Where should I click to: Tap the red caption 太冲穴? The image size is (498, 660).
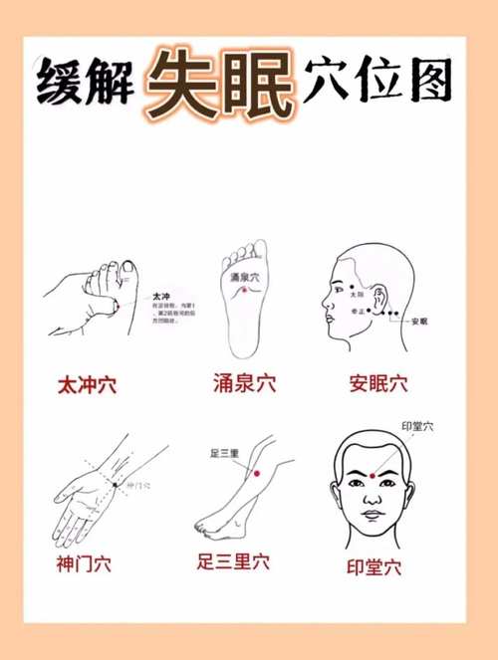click(x=87, y=385)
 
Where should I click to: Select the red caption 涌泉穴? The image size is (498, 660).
click(x=244, y=382)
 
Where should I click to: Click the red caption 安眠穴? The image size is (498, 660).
click(x=378, y=382)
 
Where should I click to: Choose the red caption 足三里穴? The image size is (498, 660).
click(x=233, y=562)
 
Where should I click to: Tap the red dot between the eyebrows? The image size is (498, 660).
click(x=372, y=476)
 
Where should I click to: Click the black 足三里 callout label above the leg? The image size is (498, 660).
click(x=223, y=454)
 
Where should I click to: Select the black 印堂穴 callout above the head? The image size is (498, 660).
click(x=417, y=427)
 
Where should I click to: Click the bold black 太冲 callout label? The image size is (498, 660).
click(x=162, y=297)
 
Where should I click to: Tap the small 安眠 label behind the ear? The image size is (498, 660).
click(x=419, y=322)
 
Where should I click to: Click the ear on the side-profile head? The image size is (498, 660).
click(x=380, y=296)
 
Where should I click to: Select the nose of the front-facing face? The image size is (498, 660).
click(x=372, y=495)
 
